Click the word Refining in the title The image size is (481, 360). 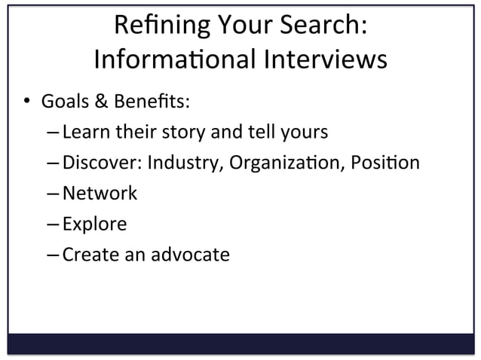150,26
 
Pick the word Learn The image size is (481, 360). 85,133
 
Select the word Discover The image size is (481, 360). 103,163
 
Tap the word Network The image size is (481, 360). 100,194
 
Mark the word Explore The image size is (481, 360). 94,224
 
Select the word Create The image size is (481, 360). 87,255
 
